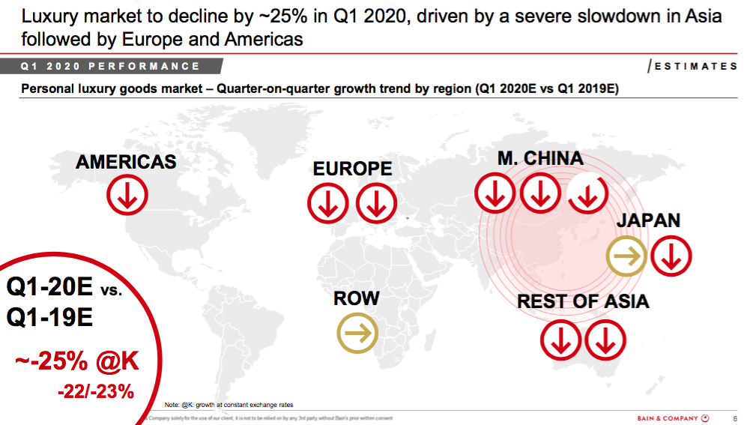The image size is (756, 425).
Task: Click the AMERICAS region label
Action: [x=126, y=161]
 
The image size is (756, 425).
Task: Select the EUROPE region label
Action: [x=352, y=169]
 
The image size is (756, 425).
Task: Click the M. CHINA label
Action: [x=540, y=158]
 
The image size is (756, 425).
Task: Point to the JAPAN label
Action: [x=648, y=220]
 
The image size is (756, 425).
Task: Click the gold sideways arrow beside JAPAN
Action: [x=627, y=257]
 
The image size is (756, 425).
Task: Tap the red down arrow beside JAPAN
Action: [x=671, y=257]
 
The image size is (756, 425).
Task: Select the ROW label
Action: [x=357, y=298]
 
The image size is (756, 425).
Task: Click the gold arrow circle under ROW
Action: [x=357, y=334]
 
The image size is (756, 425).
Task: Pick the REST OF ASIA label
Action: [x=583, y=301]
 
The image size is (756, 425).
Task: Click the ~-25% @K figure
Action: [x=76, y=361]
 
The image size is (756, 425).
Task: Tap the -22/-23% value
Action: [x=95, y=391]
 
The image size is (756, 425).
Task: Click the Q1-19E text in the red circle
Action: [x=49, y=318]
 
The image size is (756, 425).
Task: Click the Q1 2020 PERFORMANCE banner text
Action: [x=111, y=66]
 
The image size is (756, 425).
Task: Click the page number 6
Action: [x=735, y=418]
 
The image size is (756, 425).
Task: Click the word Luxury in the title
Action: [x=53, y=15]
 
